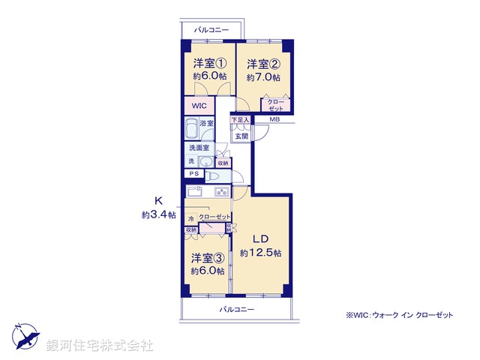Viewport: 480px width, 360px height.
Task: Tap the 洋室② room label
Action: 263,63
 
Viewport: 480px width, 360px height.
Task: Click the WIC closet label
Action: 199,106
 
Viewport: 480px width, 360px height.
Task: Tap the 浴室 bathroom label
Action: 206,123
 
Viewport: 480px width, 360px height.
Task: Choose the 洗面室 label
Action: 199,148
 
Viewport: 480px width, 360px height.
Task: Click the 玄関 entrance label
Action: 241,136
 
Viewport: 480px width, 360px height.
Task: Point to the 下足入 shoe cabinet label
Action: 240,120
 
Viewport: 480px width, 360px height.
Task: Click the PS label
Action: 194,174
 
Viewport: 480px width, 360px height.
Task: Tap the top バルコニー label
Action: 211,30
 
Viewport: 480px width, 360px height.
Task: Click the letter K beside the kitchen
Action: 158,200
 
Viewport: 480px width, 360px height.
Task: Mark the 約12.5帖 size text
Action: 260,253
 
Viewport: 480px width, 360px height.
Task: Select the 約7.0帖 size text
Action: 263,77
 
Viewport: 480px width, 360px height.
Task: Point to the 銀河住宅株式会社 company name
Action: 99,346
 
